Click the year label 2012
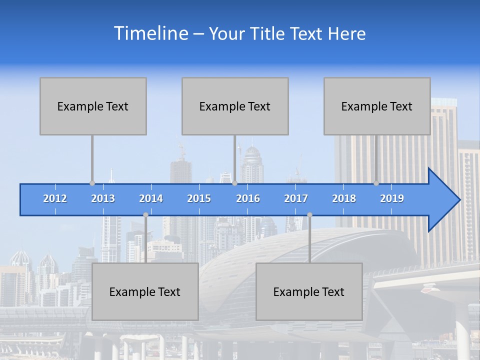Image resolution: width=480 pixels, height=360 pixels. point(55,198)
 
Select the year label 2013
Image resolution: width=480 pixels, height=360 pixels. point(103,198)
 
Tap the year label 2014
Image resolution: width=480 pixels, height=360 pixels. point(151,198)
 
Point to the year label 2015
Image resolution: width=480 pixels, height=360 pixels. point(199,198)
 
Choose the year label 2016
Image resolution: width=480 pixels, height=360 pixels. point(248,198)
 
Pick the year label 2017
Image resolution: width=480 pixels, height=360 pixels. point(296,198)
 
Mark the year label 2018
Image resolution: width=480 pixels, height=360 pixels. point(344,198)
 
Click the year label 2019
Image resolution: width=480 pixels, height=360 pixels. point(392,198)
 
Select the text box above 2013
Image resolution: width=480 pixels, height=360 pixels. point(93,106)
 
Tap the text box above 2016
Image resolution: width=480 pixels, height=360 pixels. point(235,106)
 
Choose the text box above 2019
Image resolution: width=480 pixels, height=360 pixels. point(377,106)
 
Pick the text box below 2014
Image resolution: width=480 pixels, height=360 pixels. point(145,291)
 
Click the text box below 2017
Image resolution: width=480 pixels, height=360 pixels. point(309,291)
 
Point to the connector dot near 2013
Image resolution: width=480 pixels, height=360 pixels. point(92,183)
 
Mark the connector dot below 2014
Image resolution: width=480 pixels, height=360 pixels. point(145,214)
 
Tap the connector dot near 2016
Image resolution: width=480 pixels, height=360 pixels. point(234,183)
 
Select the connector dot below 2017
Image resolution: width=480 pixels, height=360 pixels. point(309,214)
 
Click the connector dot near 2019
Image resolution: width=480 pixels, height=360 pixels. point(376,183)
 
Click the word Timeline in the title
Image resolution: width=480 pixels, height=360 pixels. point(150,33)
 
